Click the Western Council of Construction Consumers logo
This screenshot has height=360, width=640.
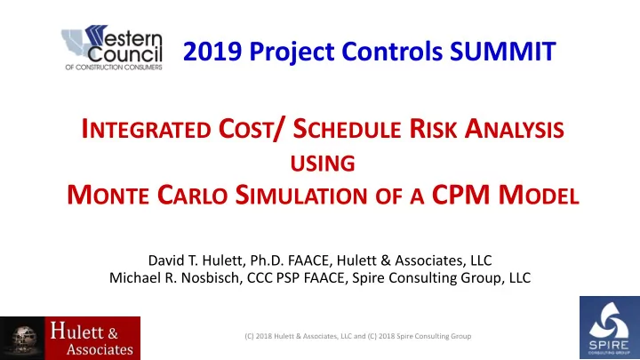point(112,47)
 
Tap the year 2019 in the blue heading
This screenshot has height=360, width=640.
point(212,52)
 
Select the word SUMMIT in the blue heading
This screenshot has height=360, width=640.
point(503,52)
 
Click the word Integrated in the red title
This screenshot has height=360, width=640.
point(146,130)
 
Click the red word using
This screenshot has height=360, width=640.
point(323,164)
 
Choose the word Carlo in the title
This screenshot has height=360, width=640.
point(192,195)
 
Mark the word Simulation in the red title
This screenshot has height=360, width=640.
point(301,195)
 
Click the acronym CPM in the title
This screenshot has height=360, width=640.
point(460,195)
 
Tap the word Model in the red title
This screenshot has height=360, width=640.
point(539,195)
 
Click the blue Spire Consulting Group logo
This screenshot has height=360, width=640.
point(610,328)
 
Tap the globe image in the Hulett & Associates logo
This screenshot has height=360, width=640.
point(24,339)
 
